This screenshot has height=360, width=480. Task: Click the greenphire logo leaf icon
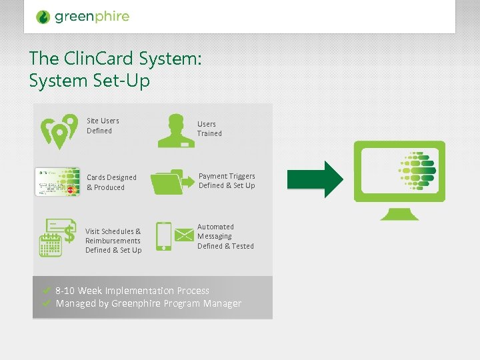tap(43, 17)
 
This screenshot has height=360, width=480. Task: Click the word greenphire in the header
tap(92, 17)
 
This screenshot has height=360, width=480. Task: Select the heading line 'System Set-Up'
tap(89, 81)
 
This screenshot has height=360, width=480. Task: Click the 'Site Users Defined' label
tap(103, 125)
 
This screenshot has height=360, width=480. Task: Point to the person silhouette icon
tap(176, 130)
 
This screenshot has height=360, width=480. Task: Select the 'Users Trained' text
tap(209, 129)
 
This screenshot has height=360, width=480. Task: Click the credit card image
tap(57, 182)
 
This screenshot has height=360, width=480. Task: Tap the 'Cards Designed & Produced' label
tap(111, 182)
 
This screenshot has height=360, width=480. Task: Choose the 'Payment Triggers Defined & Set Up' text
tap(227, 181)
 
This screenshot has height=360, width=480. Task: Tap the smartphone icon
tap(163, 236)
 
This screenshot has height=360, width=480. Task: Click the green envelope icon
tap(183, 235)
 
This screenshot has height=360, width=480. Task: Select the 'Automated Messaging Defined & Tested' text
tap(225, 236)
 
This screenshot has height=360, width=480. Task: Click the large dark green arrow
tap(315, 179)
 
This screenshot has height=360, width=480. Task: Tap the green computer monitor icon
tap(399, 179)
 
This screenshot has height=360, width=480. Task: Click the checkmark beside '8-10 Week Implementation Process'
tap(47, 291)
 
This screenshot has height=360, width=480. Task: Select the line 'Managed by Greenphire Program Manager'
tap(149, 304)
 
